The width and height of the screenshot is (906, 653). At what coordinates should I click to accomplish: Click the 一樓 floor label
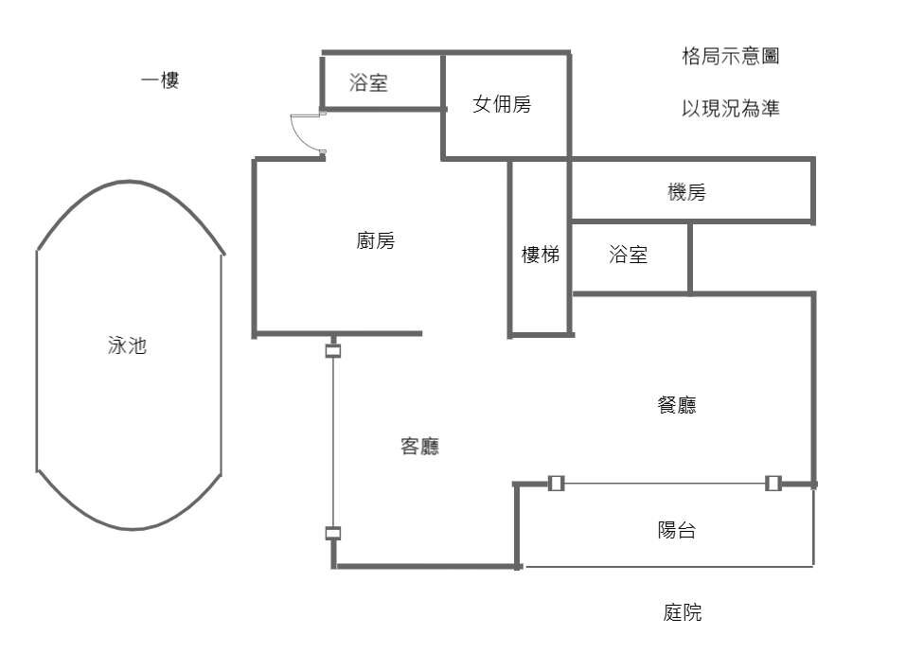coord(160,81)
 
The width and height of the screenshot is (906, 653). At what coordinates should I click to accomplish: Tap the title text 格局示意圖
coord(730,57)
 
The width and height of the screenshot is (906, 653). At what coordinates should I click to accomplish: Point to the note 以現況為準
coord(730,109)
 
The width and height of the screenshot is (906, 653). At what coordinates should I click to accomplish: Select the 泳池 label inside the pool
coord(128,346)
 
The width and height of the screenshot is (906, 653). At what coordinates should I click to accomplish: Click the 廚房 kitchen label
coord(376,241)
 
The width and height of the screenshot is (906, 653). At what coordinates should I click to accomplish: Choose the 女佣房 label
coord(502,104)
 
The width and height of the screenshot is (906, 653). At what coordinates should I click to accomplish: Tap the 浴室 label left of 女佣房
coord(368,83)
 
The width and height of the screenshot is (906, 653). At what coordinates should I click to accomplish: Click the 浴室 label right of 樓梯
coord(629,255)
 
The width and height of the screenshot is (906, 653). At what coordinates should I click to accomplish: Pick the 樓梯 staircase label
coord(541,255)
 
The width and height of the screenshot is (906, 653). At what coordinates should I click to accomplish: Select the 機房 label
coord(686,193)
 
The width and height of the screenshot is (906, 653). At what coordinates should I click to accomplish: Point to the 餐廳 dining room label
coord(676,405)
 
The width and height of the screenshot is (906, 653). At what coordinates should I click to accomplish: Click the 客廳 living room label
coord(419,447)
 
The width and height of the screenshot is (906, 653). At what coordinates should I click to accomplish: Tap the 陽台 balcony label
coord(676,530)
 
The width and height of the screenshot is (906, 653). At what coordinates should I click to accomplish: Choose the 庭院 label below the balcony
coord(682,612)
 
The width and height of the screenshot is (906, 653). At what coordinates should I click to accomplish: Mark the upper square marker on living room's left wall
coord(333,351)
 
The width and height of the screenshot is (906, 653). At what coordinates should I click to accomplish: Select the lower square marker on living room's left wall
coord(333,534)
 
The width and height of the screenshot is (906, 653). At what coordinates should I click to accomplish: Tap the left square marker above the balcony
coord(557,484)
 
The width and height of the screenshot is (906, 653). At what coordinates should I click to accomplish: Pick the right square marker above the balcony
coord(773,484)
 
